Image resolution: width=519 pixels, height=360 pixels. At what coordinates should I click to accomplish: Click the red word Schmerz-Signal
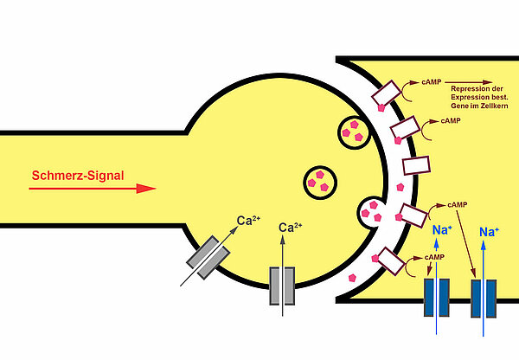(x=77, y=176)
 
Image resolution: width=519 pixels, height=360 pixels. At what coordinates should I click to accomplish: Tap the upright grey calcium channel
(x=282, y=286)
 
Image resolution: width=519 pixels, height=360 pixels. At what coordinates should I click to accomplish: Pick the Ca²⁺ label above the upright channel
(x=291, y=228)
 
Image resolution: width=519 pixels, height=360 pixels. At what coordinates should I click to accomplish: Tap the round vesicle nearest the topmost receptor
(x=354, y=131)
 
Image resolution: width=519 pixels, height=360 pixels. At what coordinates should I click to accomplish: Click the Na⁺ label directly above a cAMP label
(x=439, y=230)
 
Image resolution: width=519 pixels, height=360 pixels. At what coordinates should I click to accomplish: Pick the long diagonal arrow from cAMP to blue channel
(x=467, y=243)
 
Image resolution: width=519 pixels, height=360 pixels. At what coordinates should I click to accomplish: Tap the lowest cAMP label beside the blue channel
(x=435, y=258)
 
